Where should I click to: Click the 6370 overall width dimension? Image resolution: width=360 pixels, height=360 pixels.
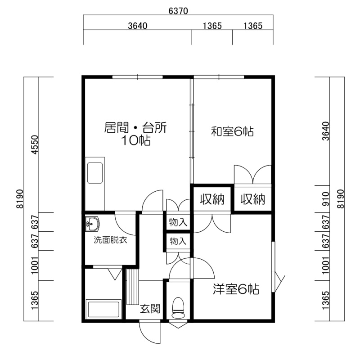pyautogui.click(x=178, y=11)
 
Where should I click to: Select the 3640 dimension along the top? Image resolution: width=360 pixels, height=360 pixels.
pyautogui.click(x=138, y=26)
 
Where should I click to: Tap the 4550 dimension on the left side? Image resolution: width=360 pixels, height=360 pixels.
pyautogui.click(x=35, y=144)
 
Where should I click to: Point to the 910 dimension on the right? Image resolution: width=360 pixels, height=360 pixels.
pyautogui.click(x=325, y=199)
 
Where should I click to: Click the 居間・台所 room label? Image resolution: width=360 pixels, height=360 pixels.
pyautogui.click(x=135, y=128)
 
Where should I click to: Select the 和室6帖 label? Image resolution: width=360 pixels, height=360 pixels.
pyautogui.click(x=232, y=131)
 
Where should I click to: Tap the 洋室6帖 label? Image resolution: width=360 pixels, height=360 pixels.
pyautogui.click(x=236, y=289)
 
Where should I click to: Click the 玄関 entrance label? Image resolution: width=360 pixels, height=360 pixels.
pyautogui.click(x=150, y=309)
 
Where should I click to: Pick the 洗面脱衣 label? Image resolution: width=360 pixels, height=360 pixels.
pyautogui.click(x=110, y=240)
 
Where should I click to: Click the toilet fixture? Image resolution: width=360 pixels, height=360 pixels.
pyautogui.click(x=178, y=308)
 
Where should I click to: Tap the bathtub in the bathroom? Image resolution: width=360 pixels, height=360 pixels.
pyautogui.click(x=103, y=309)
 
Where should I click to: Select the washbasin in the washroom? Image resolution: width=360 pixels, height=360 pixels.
pyautogui.click(x=92, y=224)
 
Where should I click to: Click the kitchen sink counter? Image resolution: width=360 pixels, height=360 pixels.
pyautogui.click(x=95, y=184)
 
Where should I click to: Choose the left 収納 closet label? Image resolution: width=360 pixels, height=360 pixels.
pyautogui.click(x=212, y=199)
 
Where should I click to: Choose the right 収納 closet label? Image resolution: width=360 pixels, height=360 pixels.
pyautogui.click(x=253, y=199)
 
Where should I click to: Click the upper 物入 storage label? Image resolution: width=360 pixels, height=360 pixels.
pyautogui.click(x=178, y=222)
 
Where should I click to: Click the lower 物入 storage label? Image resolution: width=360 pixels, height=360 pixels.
pyautogui.click(x=178, y=241)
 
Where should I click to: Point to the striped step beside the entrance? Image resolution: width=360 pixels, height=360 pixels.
pyautogui.click(x=133, y=287)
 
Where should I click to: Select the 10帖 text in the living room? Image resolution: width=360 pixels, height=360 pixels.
pyautogui.click(x=135, y=140)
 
